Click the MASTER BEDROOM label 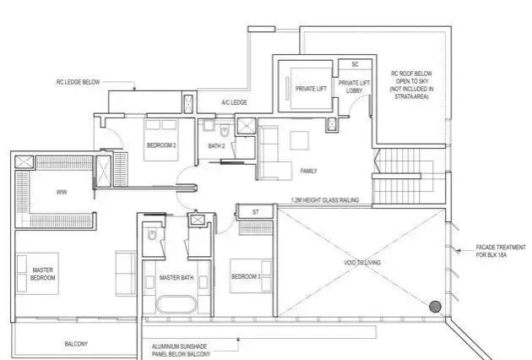click(42, 274)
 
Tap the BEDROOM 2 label click(161, 145)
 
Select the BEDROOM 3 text click(246, 276)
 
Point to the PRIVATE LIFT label click(311, 89)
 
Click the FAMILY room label click(309, 171)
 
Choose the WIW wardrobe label click(62, 192)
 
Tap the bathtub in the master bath click(176, 304)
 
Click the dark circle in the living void click(435, 307)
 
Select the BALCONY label click(76, 344)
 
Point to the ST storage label click(256, 212)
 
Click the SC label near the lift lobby click(355, 64)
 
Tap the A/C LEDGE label click(234, 102)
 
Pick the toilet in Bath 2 click(225, 131)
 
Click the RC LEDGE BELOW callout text click(78, 82)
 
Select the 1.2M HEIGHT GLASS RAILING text click(325, 200)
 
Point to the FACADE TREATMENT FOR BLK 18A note click(501, 251)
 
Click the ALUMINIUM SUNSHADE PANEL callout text click(181, 351)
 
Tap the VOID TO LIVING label click(362, 263)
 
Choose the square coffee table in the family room click(299, 140)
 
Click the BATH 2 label click(216, 146)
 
